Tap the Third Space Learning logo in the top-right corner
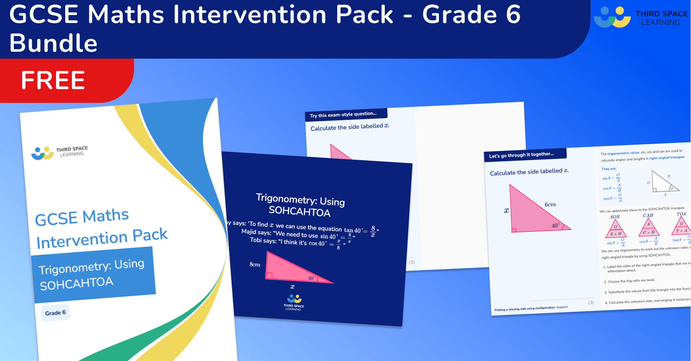coord(641,17)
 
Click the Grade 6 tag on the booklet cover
coord(56,313)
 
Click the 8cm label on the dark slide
coord(255,264)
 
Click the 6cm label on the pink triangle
coord(550,205)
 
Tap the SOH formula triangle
coord(616,229)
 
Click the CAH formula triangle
coord(649,227)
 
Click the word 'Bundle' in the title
coord(53,43)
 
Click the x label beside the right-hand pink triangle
coord(506,210)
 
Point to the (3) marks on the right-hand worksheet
coord(591,302)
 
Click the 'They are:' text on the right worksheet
coord(609,169)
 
